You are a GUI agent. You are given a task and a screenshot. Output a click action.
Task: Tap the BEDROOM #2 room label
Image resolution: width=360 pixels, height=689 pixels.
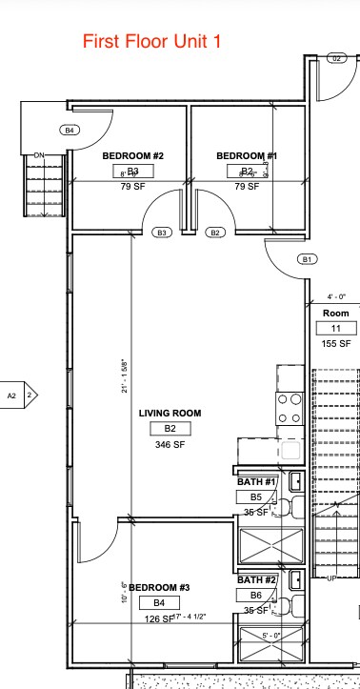coord(133,155)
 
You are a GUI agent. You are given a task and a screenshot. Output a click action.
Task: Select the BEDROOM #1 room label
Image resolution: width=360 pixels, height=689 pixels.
coord(247,155)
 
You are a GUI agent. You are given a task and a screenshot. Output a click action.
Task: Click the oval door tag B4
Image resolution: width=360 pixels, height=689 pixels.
coord(70,130)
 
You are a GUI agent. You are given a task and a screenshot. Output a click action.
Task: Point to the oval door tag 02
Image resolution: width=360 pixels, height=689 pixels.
coord(336,58)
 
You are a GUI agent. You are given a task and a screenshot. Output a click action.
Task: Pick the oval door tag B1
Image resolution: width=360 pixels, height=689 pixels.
coord(307,259)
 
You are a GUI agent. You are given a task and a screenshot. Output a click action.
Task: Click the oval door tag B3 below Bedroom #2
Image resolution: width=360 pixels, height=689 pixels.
coord(162,232)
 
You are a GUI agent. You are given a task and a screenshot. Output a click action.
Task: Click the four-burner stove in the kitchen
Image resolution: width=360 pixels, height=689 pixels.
coord(290,409)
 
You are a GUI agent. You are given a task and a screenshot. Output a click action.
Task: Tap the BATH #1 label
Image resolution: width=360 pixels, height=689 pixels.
coord(256,482)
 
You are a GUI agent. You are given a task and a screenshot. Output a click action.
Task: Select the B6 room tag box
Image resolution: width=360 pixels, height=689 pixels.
coord(256,595)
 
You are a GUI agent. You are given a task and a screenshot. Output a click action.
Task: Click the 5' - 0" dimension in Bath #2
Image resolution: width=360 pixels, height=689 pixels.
coord(270,636)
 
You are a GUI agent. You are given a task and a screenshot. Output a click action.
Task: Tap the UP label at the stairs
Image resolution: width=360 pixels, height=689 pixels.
coord(332,578)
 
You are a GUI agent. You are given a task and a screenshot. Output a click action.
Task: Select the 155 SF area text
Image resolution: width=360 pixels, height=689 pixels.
coord(336,343)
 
